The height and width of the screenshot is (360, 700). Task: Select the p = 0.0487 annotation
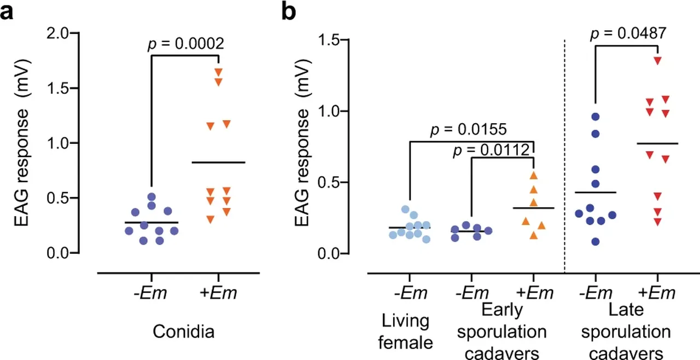[628, 34]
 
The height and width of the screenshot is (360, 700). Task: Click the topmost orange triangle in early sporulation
[534, 175]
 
